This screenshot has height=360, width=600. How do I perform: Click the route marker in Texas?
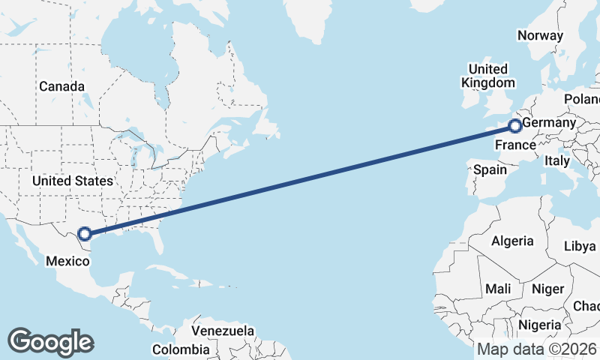pos(85,234)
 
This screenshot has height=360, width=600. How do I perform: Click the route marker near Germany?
pos(515,126)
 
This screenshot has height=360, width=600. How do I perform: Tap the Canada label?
pos(61,87)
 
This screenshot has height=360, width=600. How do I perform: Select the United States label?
pos(73,181)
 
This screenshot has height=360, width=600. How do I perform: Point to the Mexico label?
pos(68,262)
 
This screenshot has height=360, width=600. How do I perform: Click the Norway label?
pos(540,35)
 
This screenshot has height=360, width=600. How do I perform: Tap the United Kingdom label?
pos(488,76)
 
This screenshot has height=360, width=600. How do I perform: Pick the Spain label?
pos(490,170)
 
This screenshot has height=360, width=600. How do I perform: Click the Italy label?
pos(557,160)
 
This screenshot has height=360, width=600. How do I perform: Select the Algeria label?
pos(512,241)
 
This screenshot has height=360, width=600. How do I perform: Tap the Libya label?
pos(580,246)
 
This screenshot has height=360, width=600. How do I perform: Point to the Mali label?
pos(498,289)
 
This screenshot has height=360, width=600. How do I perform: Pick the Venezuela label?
pos(223,331)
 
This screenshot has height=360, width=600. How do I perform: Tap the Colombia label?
pos(181,349)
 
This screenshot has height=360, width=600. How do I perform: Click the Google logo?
pos(50,342)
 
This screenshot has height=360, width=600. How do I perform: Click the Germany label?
pos(549,122)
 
